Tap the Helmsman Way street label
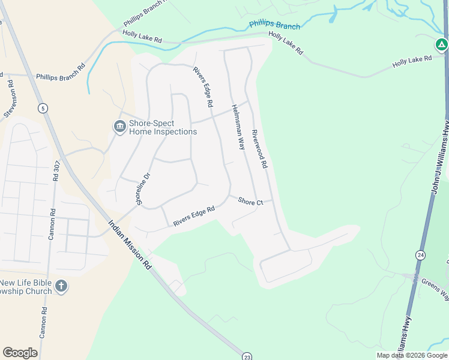click(x=238, y=127)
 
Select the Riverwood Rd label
click(x=259, y=148)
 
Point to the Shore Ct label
click(x=250, y=202)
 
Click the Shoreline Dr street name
click(x=143, y=190)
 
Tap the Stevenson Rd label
click(x=10, y=98)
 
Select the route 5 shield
click(x=42, y=109)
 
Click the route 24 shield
click(x=420, y=255)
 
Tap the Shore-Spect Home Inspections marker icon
click(x=119, y=127)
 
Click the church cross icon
click(x=61, y=286)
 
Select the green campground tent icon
click(x=441, y=44)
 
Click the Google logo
click(x=20, y=353)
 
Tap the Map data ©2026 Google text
click(x=412, y=355)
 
